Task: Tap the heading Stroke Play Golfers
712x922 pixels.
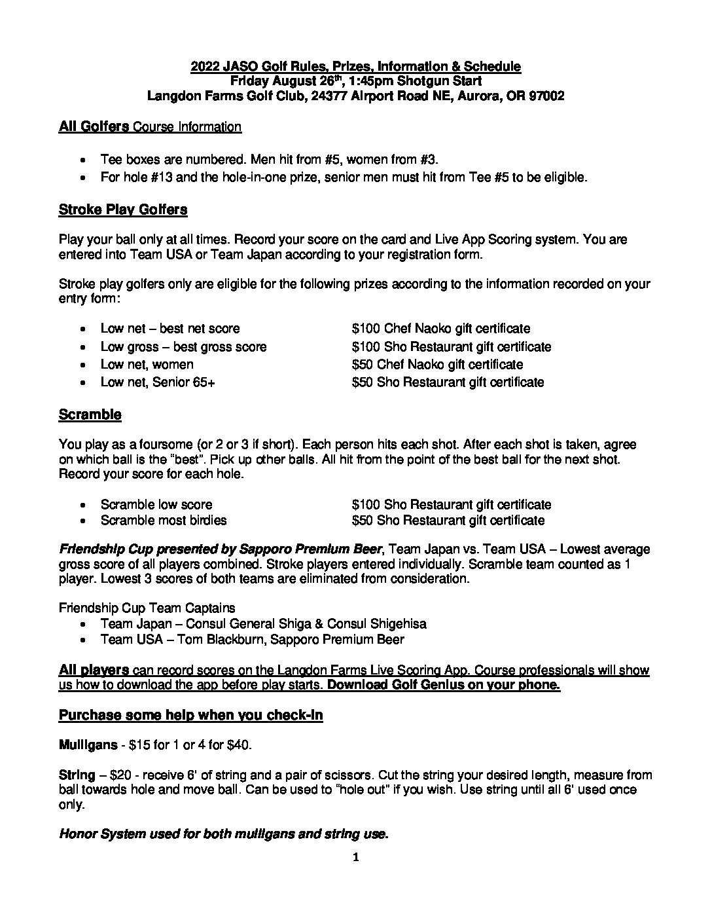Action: pos(123,210)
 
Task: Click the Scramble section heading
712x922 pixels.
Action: pos(90,415)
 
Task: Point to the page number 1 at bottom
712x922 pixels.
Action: pos(356,858)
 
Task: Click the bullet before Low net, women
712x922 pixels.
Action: pos(82,365)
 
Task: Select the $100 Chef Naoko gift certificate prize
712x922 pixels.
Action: pos(440,329)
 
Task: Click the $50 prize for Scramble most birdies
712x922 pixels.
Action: pos(448,521)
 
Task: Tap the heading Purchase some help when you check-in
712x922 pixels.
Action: pos(190,715)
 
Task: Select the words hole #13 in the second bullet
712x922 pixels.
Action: pos(146,177)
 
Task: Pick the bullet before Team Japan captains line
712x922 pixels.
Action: pos(82,624)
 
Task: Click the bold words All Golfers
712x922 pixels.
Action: pos(93,126)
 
